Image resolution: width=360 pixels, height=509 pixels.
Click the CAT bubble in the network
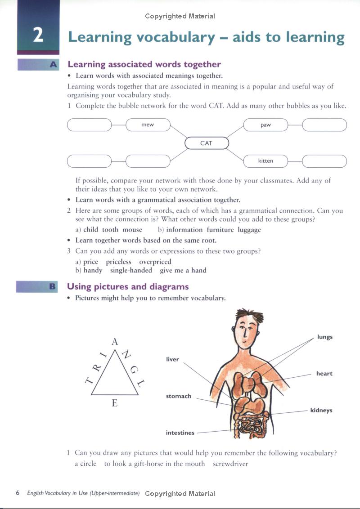[207, 143]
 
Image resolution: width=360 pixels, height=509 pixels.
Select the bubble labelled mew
[148, 125]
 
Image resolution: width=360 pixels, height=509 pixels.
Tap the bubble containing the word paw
[265, 125]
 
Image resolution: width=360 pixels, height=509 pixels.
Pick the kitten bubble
[265, 161]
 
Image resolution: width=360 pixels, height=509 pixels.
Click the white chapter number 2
[38, 36]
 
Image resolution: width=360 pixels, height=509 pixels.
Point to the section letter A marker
[53, 65]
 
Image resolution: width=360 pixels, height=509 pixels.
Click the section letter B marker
[52, 286]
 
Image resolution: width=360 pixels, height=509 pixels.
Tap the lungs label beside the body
[324, 337]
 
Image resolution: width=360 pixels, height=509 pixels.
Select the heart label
[324, 374]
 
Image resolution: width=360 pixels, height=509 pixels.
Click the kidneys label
[321, 411]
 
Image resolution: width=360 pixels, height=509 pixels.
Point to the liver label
[172, 359]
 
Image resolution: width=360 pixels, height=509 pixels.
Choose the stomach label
[179, 396]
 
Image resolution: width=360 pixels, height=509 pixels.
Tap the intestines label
[180, 433]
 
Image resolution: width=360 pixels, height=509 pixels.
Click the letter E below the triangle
[114, 403]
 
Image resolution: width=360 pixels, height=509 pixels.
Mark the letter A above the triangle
[115, 342]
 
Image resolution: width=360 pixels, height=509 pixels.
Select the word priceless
[119, 262]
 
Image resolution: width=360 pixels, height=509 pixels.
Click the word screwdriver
[230, 464]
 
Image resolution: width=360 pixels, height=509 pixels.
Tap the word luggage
[249, 230]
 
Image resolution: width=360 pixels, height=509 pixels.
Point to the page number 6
[18, 493]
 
